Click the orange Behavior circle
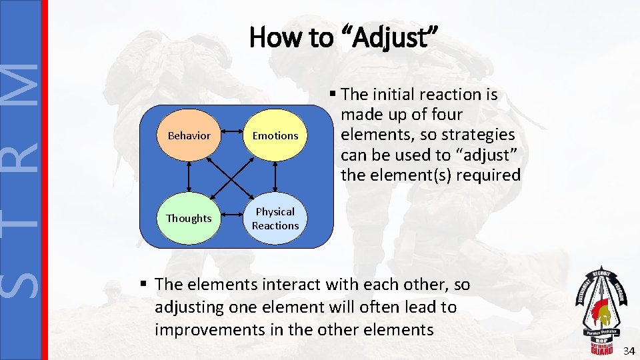189,135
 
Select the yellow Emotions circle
275,135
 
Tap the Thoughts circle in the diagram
189,218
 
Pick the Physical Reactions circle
275,218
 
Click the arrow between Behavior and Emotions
232,135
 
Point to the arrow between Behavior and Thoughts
189,177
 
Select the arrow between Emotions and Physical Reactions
275,177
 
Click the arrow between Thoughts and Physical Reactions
232,218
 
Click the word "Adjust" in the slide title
389,39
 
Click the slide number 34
629,351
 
